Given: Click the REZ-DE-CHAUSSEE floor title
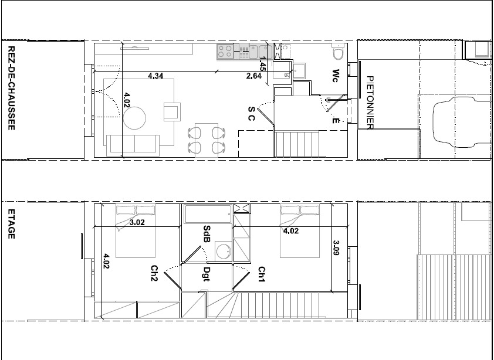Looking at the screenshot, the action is pyautogui.click(x=11, y=88).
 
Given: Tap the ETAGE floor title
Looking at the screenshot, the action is pyautogui.click(x=11, y=224).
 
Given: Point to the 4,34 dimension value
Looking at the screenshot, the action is pyautogui.click(x=155, y=76).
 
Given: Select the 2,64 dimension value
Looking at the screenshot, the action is pyautogui.click(x=254, y=76).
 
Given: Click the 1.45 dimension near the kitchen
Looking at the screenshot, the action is pyautogui.click(x=262, y=63).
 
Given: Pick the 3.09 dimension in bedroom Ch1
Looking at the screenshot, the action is pyautogui.click(x=336, y=248).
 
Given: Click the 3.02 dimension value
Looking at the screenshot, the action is pyautogui.click(x=137, y=223).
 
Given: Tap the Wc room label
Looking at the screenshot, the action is pyautogui.click(x=336, y=76).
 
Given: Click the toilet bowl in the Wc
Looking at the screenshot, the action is pyautogui.click(x=339, y=52).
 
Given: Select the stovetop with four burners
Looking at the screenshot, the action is pyautogui.click(x=225, y=52).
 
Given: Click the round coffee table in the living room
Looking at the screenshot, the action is pyautogui.click(x=134, y=118).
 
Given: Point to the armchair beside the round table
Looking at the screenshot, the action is pyautogui.click(x=172, y=112).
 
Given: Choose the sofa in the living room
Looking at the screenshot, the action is pyautogui.click(x=133, y=145).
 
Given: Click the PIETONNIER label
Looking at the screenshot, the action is pyautogui.click(x=370, y=103).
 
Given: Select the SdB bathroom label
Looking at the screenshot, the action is pyautogui.click(x=207, y=235).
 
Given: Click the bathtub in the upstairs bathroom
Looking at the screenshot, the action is pyautogui.click(x=208, y=214).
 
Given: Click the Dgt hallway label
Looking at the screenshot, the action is pyautogui.click(x=207, y=274).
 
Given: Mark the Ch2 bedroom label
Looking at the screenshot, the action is pyautogui.click(x=154, y=273).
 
